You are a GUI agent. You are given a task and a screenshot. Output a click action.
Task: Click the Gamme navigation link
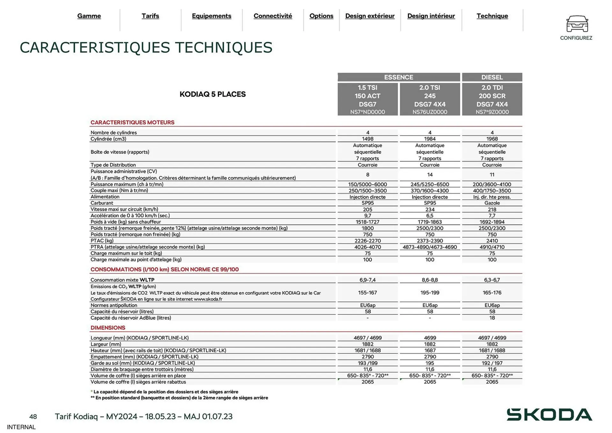point(89,16)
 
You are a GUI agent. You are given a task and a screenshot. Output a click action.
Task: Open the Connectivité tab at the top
point(273,16)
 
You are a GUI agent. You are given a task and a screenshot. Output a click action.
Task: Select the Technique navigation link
point(492,16)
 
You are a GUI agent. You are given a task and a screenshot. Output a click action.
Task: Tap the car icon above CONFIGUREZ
point(577,24)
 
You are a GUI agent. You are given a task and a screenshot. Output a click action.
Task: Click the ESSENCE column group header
point(398,77)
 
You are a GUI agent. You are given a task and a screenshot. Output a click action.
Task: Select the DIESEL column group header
point(492,77)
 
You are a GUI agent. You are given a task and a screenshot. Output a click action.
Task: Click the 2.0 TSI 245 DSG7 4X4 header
point(430,99)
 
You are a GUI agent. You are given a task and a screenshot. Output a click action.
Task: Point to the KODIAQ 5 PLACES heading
point(213,94)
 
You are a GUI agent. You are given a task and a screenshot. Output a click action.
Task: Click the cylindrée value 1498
point(368,139)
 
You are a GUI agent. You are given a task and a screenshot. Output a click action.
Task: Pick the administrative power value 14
point(430,175)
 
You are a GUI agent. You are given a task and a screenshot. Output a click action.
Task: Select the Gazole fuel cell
point(492,203)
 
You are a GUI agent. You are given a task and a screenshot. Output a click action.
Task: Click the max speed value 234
point(430,209)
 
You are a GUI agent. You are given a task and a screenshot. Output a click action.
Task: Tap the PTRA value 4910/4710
point(492,247)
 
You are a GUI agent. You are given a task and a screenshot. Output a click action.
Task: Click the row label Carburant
point(102,203)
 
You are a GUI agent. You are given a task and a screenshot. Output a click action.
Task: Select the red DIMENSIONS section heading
point(108,328)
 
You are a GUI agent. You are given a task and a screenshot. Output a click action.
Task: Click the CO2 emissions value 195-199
point(430,293)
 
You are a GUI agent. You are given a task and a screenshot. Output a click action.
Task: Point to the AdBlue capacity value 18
point(492,318)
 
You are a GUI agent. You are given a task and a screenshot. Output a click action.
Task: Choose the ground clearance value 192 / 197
point(492,363)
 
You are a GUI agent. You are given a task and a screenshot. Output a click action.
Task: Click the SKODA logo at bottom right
point(549,415)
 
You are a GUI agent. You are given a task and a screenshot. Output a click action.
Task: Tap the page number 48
point(33,417)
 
